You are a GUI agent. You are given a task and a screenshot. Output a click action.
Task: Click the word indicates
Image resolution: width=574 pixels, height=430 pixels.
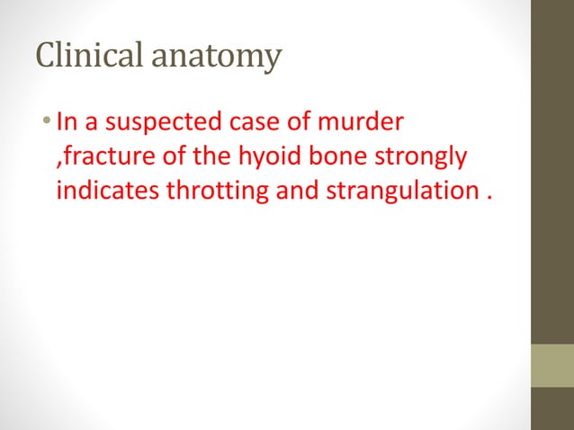pos(99,193)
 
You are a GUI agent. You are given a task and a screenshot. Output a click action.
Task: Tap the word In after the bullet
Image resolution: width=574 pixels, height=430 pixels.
pos(66,121)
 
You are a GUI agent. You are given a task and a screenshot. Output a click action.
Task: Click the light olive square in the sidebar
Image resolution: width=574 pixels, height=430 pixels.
pos(552,365)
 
